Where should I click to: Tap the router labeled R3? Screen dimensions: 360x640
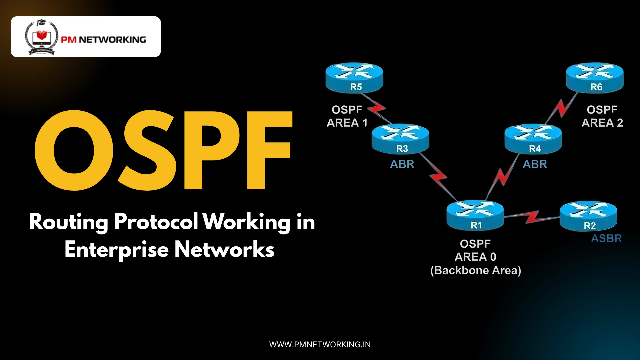[400, 139]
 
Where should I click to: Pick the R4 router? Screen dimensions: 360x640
[533, 139]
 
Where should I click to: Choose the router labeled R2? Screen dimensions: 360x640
[588, 216]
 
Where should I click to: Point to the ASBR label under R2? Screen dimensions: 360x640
[606, 238]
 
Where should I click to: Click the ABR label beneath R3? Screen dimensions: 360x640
[402, 164]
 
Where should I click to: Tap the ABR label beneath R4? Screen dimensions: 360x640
[535, 164]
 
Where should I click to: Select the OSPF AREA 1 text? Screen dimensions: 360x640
[347, 116]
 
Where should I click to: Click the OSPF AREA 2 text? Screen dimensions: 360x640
[602, 116]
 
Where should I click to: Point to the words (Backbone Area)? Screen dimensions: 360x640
[476, 270]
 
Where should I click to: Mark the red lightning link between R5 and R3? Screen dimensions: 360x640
[376, 108]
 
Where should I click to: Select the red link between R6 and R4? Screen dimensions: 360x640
[562, 108]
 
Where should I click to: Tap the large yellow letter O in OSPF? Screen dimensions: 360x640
[74, 150]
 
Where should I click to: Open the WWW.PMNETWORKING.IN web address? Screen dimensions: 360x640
[320, 344]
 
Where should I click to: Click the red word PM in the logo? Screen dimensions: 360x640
[69, 40]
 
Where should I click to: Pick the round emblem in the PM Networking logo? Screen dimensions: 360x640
[41, 37]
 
